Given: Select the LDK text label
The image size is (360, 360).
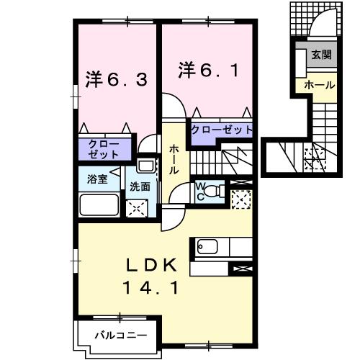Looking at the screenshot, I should (x=153, y=265).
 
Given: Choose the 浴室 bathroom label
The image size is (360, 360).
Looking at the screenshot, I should (x=98, y=179).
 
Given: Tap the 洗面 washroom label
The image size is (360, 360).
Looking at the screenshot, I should (x=140, y=186).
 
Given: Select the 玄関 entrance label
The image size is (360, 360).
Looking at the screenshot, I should (x=320, y=55).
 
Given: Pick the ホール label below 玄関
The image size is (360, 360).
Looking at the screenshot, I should (x=320, y=85).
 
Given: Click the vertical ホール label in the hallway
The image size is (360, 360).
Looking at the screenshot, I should (x=174, y=159).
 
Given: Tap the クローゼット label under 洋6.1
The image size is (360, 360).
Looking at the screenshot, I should (x=221, y=130).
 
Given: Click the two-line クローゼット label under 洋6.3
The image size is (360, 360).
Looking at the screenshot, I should (x=104, y=149).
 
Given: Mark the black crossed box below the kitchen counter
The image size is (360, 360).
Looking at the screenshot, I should (x=240, y=269).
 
